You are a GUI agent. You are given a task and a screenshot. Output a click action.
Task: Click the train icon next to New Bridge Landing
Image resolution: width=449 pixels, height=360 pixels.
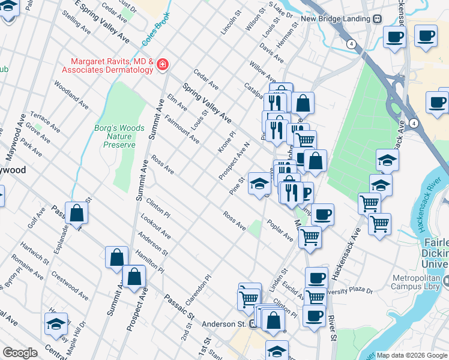point(377,19)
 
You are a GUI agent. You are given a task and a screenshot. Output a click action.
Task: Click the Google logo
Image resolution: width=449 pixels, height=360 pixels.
point(20,353)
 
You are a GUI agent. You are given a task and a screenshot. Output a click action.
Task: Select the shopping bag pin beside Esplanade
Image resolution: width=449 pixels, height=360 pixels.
point(77,212)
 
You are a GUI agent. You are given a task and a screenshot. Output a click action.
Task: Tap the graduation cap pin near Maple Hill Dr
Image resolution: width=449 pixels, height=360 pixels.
point(56,324)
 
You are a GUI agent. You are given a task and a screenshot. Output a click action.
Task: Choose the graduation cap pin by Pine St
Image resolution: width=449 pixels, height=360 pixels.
point(259,182)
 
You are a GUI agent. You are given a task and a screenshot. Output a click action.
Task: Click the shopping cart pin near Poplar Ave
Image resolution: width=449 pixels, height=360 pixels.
point(310,237)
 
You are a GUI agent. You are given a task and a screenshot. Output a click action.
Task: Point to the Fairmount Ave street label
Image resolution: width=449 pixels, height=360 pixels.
point(182,129)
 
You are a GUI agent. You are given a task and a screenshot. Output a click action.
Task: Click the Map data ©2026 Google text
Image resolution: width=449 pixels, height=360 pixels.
point(412,355)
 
